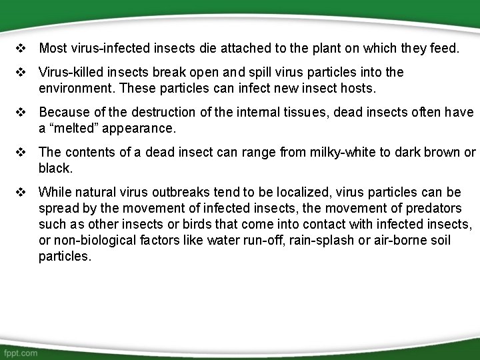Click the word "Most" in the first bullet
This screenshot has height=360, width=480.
[x=52, y=48]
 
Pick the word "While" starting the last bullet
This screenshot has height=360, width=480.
[x=53, y=192]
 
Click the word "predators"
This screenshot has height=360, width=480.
[x=434, y=208]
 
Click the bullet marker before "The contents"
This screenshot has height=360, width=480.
[x=21, y=152]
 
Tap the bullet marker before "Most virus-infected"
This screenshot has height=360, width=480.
[x=21, y=48]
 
